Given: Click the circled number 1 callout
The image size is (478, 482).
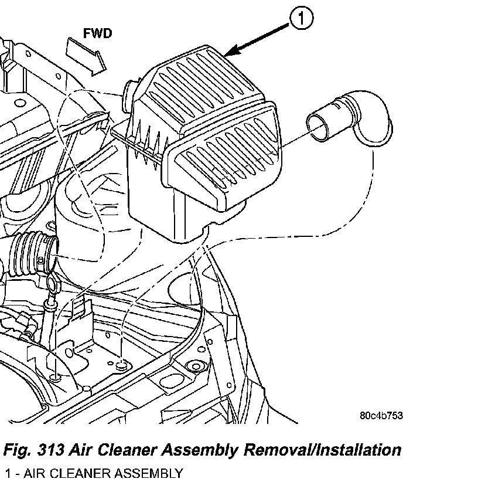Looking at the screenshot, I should (x=301, y=21).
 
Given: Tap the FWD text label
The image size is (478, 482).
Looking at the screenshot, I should (x=97, y=33).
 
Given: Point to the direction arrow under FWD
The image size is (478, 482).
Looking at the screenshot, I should (x=86, y=55).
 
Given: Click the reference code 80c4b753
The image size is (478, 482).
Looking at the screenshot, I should (x=381, y=416).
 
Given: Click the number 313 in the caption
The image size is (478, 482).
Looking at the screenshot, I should (x=51, y=450).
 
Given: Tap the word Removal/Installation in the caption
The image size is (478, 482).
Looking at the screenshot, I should (x=323, y=450).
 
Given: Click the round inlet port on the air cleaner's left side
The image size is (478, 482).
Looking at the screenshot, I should (x=129, y=94).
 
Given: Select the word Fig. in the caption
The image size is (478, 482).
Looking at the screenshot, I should (x=18, y=450).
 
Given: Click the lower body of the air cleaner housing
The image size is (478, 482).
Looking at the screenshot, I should (x=158, y=199).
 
